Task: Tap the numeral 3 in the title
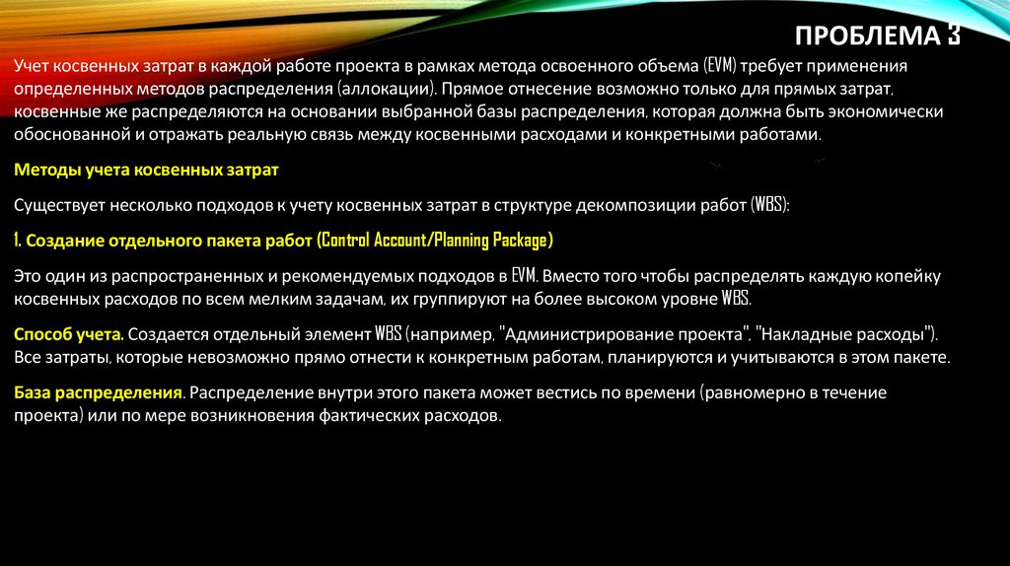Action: (953, 36)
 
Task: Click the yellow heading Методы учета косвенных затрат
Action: (147, 170)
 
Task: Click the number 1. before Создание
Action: (19, 240)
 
